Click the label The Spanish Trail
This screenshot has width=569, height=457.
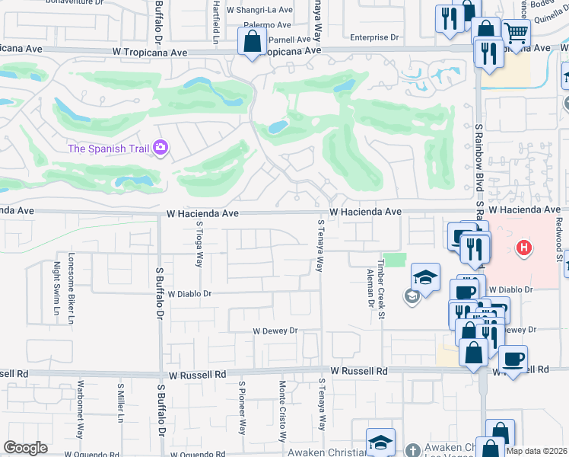tap(109, 148)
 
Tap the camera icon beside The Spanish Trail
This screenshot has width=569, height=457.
tap(161, 148)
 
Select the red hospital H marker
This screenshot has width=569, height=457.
tap(523, 248)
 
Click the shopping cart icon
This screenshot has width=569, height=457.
tap(517, 33)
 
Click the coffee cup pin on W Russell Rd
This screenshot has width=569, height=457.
tap(513, 358)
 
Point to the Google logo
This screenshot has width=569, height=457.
tap(25, 447)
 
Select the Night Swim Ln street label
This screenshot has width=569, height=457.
tap(56, 283)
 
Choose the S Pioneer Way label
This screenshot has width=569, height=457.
tap(242, 407)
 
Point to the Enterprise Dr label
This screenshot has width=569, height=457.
tap(374, 37)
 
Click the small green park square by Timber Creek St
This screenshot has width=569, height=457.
tap(394, 260)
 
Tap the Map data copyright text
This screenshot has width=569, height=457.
tap(536, 450)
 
